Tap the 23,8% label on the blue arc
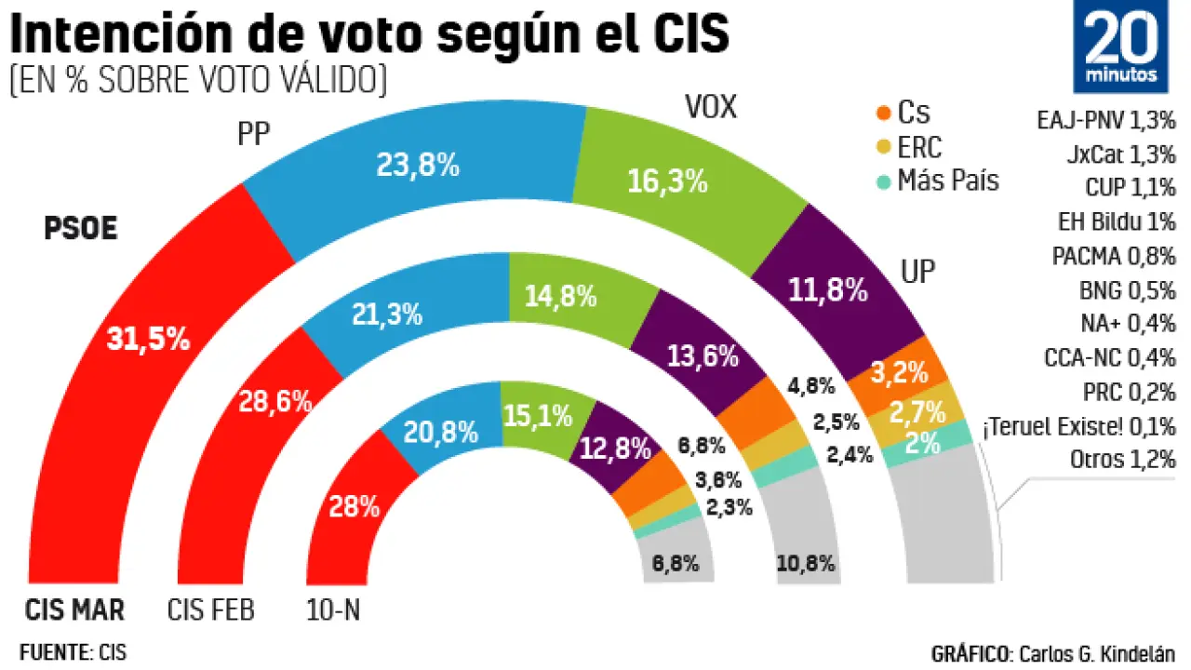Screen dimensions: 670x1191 click(418, 166)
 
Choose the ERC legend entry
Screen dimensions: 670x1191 click(918, 147)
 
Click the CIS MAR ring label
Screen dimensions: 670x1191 click(74, 610)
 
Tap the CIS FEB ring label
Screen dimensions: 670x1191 click(211, 610)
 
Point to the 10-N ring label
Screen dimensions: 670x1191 click(333, 610)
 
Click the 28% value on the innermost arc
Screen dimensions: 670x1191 click(355, 507)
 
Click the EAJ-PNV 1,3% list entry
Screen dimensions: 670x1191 click(1105, 120)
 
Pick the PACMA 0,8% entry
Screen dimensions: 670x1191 click(1114, 256)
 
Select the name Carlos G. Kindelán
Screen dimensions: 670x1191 click(1096, 652)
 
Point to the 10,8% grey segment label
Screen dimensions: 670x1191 click(805, 563)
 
